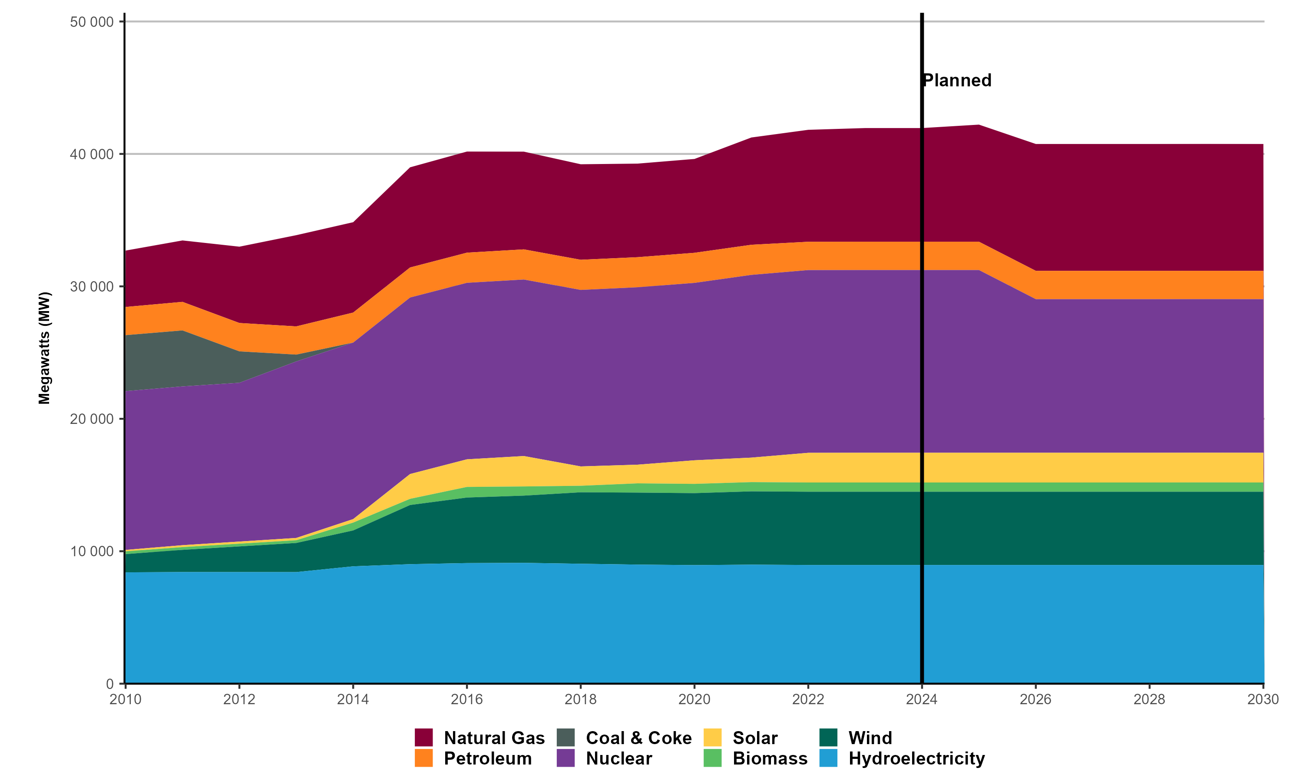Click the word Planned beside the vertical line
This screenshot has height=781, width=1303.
[x=957, y=81]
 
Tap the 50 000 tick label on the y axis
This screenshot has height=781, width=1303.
[x=92, y=22]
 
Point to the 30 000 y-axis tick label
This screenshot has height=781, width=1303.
[x=92, y=287]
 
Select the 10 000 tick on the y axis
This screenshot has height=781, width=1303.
[x=92, y=551]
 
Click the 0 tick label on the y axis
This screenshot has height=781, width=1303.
[x=109, y=684]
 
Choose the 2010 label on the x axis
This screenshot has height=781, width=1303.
[x=126, y=699]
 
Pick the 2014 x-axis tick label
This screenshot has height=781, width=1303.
[x=353, y=699]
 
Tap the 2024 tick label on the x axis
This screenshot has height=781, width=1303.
[x=922, y=699]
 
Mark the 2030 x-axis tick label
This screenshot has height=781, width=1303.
[x=1263, y=699]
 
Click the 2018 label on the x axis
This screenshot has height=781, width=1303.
[x=580, y=699]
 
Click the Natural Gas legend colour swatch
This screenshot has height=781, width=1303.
[x=423, y=737]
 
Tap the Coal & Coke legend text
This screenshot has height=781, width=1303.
[x=638, y=738]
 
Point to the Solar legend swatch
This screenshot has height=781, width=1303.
[x=712, y=737]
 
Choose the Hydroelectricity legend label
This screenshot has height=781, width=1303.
[x=916, y=758]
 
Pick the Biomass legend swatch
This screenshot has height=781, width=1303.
[x=712, y=758]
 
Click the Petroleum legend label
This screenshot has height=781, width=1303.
[x=488, y=758]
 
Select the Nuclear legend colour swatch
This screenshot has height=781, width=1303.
[x=566, y=758]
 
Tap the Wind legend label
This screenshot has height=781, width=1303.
[x=870, y=738]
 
